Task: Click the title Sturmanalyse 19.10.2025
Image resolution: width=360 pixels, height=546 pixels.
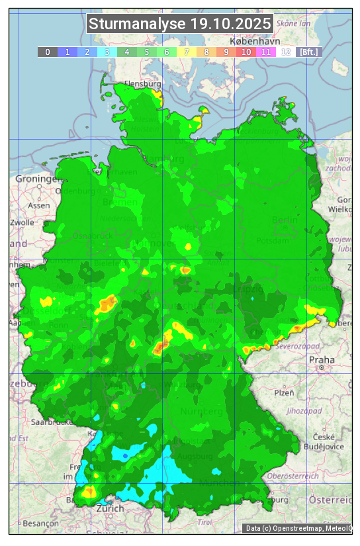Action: (180, 24)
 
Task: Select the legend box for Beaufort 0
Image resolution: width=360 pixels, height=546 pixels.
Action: (47, 52)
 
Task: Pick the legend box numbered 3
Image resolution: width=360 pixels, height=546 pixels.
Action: (107, 52)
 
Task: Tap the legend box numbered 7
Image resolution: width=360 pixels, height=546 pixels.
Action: (187, 52)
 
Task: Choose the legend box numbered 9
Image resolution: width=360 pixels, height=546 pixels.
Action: (226, 52)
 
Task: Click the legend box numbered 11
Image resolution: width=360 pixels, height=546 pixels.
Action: (266, 52)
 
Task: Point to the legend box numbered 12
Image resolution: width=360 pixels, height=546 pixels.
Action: (286, 52)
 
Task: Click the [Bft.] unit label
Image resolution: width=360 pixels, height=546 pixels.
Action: (308, 52)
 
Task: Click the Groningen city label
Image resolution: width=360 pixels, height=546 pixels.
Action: (36, 179)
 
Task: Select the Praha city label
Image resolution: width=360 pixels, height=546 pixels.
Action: (322, 359)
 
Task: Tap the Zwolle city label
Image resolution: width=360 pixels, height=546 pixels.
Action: (21, 222)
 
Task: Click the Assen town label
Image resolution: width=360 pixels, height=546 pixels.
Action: (39, 205)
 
